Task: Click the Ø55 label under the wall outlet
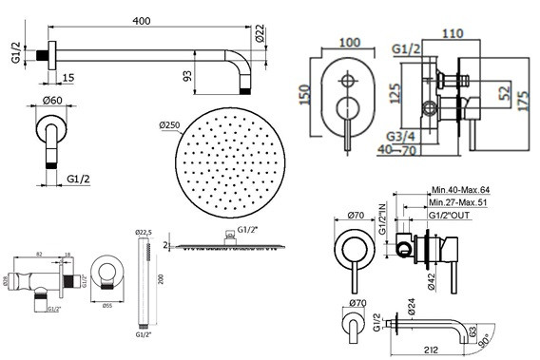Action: click(107, 306)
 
